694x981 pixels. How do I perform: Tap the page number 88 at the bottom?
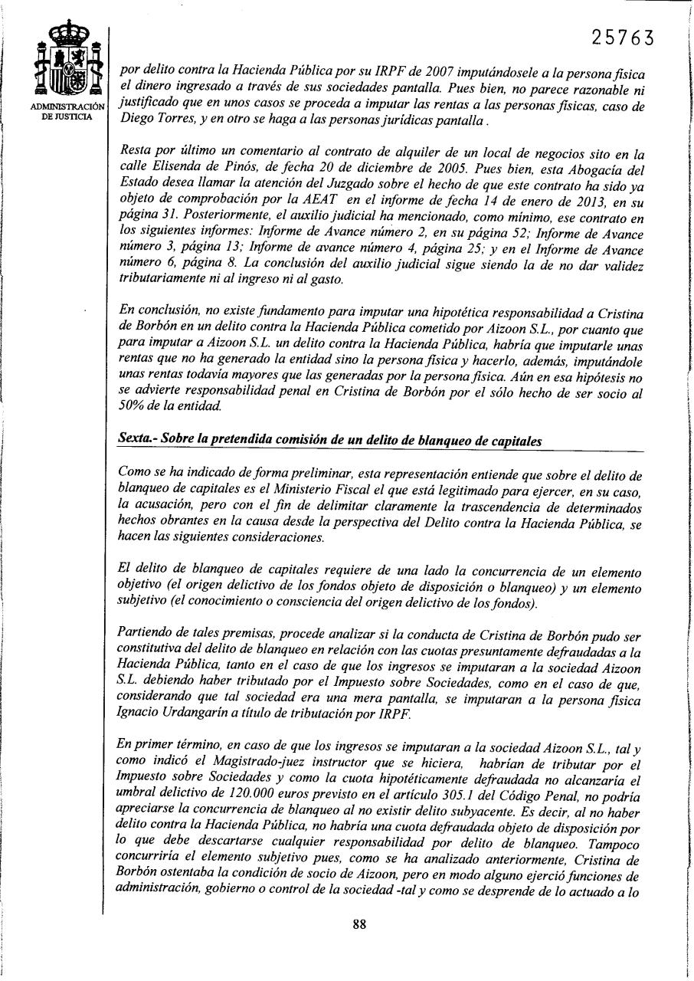click(x=358, y=924)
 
